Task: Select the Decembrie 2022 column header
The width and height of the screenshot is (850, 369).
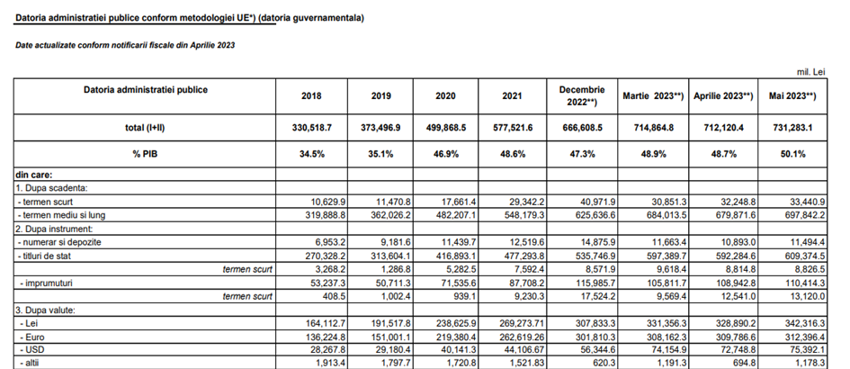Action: click(581, 95)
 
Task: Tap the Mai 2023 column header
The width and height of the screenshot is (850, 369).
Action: click(792, 95)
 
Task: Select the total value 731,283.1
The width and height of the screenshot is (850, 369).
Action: click(792, 129)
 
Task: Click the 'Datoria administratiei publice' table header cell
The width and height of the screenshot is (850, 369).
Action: click(145, 90)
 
